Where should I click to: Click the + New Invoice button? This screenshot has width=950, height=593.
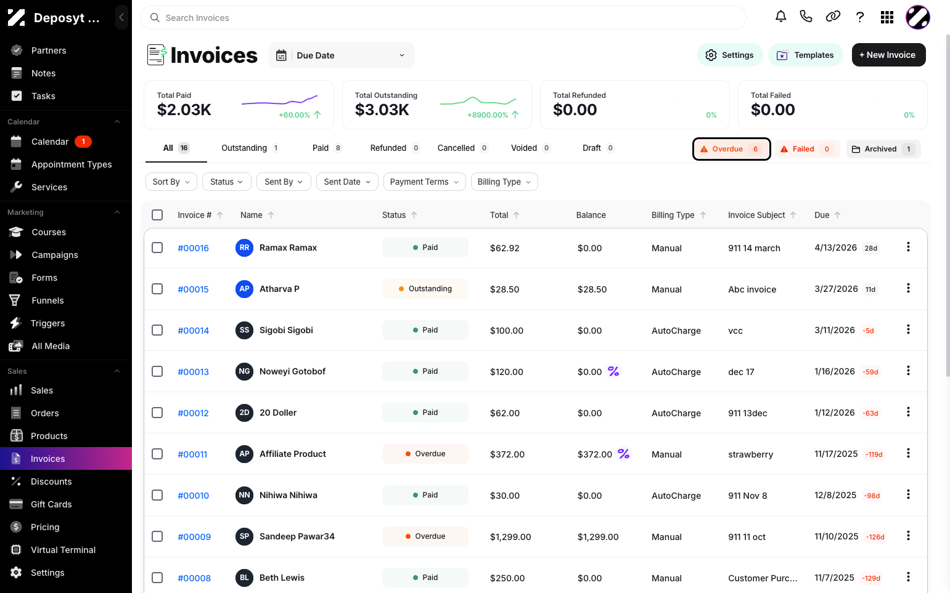tap(888, 55)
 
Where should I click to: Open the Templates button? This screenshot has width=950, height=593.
tap(805, 55)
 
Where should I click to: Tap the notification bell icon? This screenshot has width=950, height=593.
tap(781, 17)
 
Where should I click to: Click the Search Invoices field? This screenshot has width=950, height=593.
tap(443, 18)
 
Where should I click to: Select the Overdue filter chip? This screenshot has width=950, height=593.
tap(732, 149)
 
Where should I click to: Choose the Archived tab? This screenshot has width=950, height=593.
tap(883, 149)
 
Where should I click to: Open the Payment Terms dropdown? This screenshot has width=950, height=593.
tap(425, 182)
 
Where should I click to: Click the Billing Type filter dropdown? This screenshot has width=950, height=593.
tap(504, 182)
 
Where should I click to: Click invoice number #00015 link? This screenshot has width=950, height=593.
tap(193, 289)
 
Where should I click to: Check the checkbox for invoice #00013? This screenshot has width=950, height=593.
tap(157, 371)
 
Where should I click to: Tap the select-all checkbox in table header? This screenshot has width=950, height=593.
tap(157, 215)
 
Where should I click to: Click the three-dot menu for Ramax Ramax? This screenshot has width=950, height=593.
tap(908, 247)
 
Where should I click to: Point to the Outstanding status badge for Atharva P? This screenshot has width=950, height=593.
tap(425, 289)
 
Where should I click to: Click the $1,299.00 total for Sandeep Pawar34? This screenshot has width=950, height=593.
tap(510, 537)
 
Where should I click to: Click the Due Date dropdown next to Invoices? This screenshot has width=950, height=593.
tap(342, 55)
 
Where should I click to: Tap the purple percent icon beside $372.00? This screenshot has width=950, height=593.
tap(623, 454)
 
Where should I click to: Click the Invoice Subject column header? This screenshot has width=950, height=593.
tap(756, 215)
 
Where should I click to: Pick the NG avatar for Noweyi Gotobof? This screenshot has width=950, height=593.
tap(244, 371)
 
